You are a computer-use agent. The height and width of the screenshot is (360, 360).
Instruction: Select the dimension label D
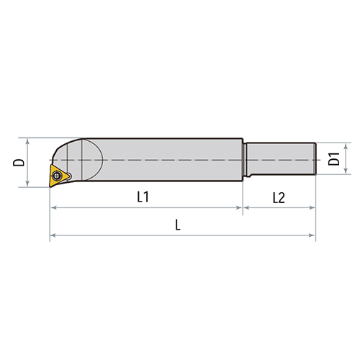[x=18, y=162]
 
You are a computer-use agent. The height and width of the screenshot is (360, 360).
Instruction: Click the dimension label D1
[x=334, y=159]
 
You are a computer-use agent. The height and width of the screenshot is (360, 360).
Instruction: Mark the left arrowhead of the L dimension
[x=53, y=235]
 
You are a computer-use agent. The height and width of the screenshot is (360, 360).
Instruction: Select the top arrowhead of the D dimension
[x=28, y=140]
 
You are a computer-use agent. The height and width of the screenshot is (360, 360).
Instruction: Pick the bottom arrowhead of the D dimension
[x=28, y=184]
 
